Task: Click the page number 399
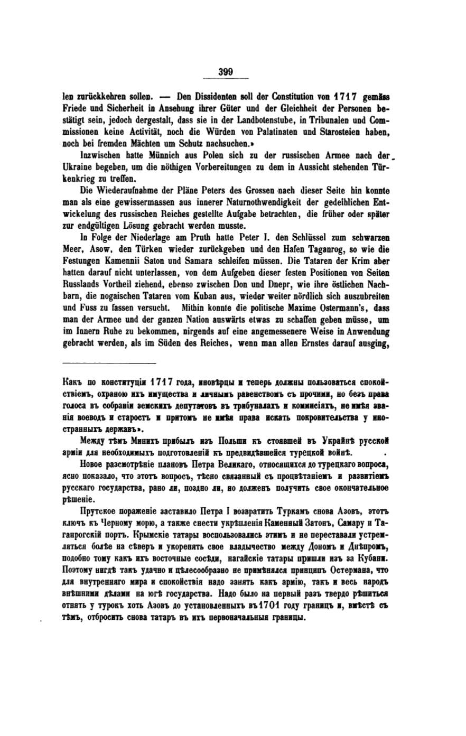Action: (226, 72)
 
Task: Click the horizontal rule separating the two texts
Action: (109, 363)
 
